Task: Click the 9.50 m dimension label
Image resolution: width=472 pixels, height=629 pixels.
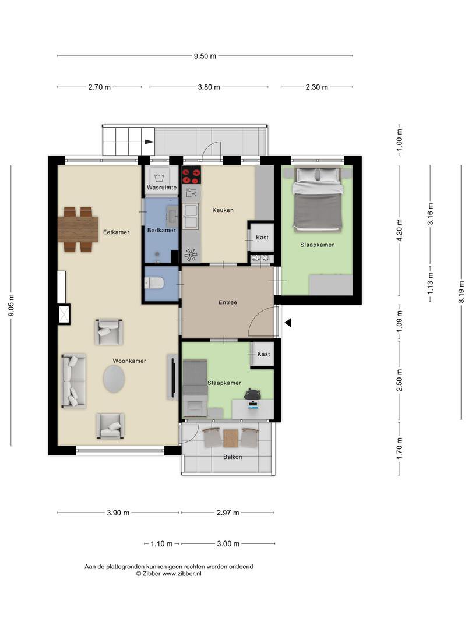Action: [205, 56]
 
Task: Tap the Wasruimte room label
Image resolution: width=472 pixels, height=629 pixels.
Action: [162, 188]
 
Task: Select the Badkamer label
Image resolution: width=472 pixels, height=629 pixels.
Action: [161, 230]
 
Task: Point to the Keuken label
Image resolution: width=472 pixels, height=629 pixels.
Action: [223, 210]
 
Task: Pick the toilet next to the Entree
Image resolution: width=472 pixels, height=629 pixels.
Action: [154, 283]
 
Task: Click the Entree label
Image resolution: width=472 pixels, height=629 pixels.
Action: [228, 302]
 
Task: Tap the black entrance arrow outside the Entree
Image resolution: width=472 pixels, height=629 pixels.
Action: [288, 322]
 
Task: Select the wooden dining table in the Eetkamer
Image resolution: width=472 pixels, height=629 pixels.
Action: [78, 229]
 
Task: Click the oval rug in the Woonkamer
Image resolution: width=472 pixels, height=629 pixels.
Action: [114, 379]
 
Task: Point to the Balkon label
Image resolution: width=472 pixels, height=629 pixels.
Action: [233, 457]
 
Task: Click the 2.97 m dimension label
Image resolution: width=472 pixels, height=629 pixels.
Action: [228, 513]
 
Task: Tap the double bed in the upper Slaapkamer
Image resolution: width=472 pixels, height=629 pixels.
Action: [318, 199]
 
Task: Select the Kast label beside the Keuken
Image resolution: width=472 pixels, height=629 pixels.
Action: [262, 238]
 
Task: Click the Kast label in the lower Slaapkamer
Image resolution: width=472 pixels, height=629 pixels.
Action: [263, 354]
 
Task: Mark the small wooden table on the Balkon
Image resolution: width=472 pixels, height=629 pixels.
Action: [231, 439]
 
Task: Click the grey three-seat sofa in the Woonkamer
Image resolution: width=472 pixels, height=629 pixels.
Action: [73, 381]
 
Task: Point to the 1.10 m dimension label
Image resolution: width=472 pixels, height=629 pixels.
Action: [161, 544]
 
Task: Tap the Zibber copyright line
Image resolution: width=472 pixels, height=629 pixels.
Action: [168, 574]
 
